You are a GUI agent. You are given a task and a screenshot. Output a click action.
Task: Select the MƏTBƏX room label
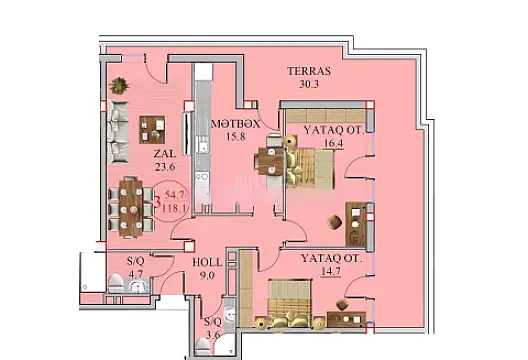[x=236, y=124]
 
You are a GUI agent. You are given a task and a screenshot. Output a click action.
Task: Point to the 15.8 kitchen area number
[x=236, y=137]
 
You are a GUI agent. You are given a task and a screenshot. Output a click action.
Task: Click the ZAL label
[x=164, y=155]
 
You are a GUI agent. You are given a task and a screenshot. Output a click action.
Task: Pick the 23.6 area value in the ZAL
[x=164, y=168]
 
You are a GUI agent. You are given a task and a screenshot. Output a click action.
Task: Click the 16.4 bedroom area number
[x=330, y=144]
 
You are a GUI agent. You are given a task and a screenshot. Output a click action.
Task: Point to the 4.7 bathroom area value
[x=137, y=270]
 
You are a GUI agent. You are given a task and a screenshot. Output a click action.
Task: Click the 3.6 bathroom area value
[x=212, y=335]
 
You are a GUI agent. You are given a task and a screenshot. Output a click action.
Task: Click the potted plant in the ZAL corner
[x=119, y=84]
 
